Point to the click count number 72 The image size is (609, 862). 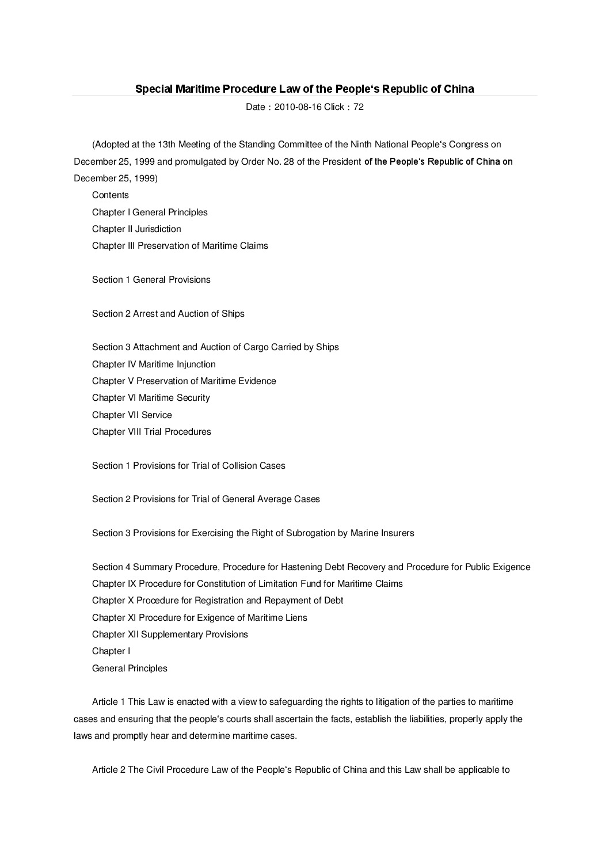click(359, 107)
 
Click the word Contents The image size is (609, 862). click(111, 195)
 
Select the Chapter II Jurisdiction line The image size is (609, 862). click(136, 229)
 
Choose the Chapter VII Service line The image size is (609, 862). click(132, 415)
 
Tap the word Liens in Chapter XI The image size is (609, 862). click(296, 618)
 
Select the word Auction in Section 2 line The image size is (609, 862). click(193, 314)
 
